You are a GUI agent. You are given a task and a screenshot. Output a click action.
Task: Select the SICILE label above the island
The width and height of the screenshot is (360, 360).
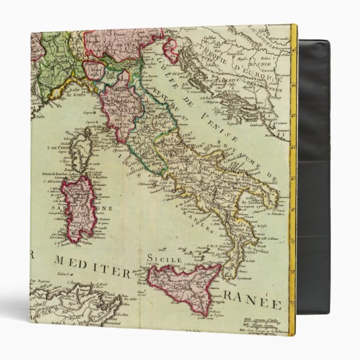pos(164,259)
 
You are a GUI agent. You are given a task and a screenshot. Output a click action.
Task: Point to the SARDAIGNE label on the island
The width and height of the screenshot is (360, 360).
pos(90,209)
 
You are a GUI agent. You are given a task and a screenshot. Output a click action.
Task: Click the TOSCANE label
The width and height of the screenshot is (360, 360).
pos(126,105)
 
